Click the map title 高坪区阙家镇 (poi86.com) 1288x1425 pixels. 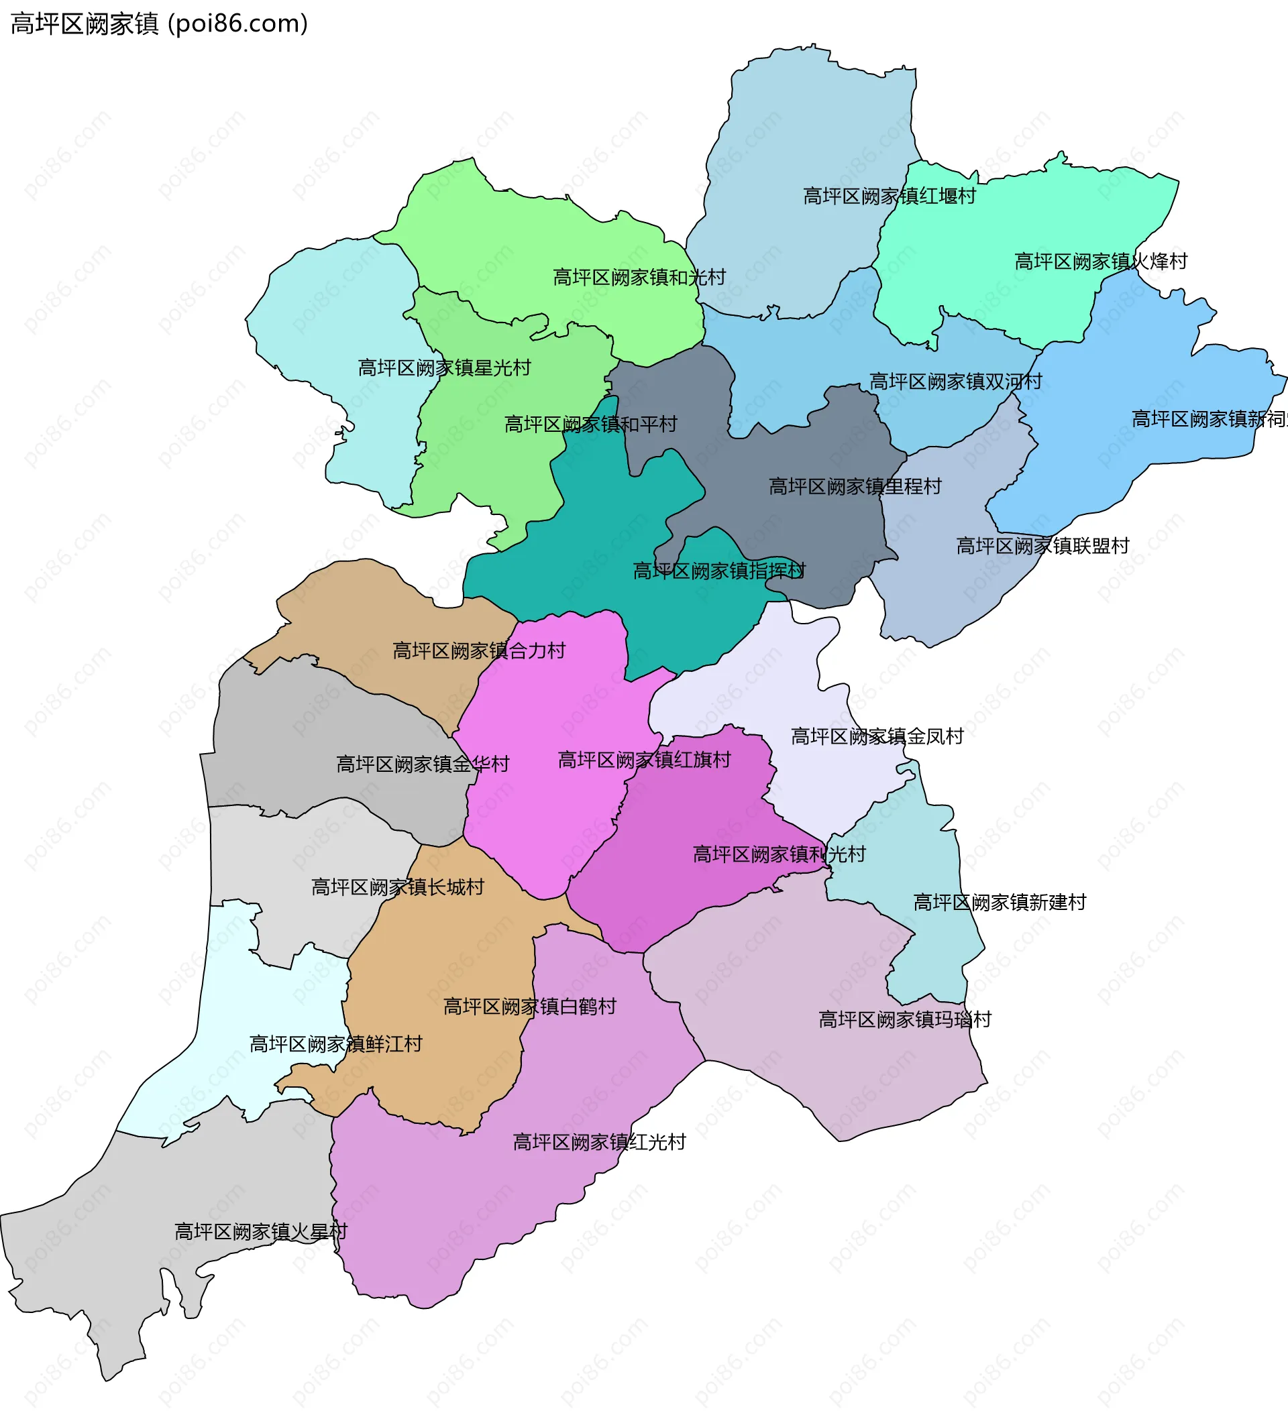tap(159, 24)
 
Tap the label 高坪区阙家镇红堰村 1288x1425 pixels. tap(889, 196)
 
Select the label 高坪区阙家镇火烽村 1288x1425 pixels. tap(1101, 262)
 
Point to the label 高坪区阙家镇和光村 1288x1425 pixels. tap(639, 278)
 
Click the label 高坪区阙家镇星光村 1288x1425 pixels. tap(444, 368)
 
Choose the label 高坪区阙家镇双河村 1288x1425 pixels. tap(955, 382)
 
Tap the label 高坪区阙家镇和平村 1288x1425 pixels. tap(590, 424)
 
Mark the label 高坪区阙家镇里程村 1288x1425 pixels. tap(855, 487)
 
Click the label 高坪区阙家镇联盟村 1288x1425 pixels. tap(1042, 547)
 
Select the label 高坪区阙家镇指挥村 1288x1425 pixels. tap(719, 571)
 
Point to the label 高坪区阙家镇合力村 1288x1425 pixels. tap(478, 651)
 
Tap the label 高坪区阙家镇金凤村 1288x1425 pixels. tap(877, 737)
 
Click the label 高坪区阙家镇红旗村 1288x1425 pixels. tap(644, 760)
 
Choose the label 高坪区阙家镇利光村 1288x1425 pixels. tap(779, 855)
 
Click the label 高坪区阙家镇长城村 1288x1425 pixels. tap(397, 888)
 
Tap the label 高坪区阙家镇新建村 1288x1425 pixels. tap(999, 903)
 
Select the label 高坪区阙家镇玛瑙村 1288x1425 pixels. tap(905, 1020)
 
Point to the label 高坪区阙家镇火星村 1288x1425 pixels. tap(261, 1232)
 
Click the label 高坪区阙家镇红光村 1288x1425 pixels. tap(599, 1142)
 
